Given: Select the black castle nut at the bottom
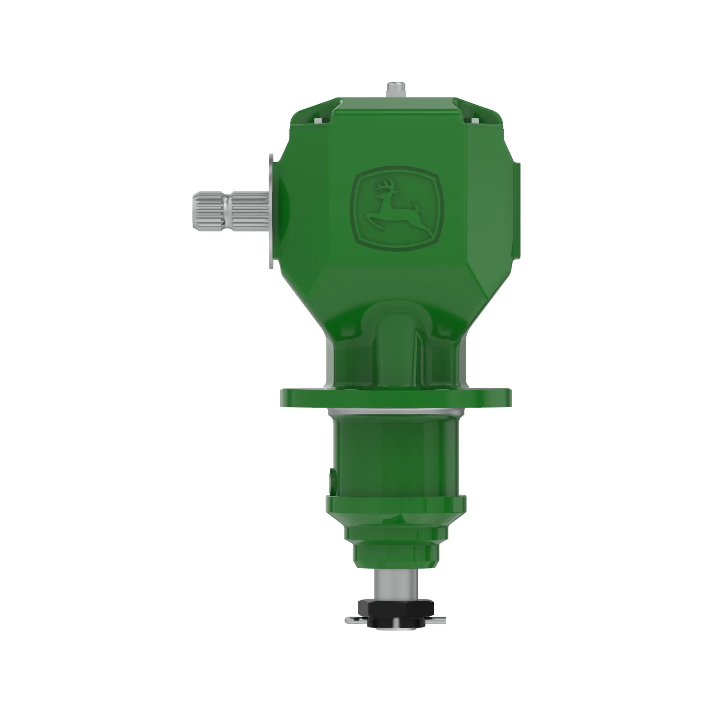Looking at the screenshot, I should tap(396, 616).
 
